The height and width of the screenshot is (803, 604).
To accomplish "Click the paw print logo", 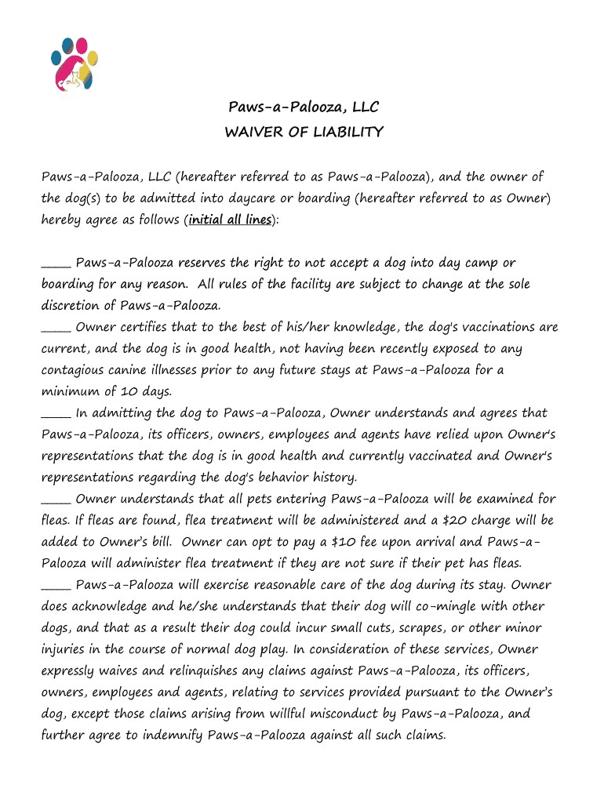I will click(75, 63).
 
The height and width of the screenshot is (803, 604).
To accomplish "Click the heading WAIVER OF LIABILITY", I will click(304, 132).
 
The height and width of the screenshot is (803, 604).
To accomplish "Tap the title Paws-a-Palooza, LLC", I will click(304, 107).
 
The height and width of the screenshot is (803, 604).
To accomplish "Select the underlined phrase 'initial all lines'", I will click(231, 220).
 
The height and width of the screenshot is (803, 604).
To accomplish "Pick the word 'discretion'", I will click(71, 305).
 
